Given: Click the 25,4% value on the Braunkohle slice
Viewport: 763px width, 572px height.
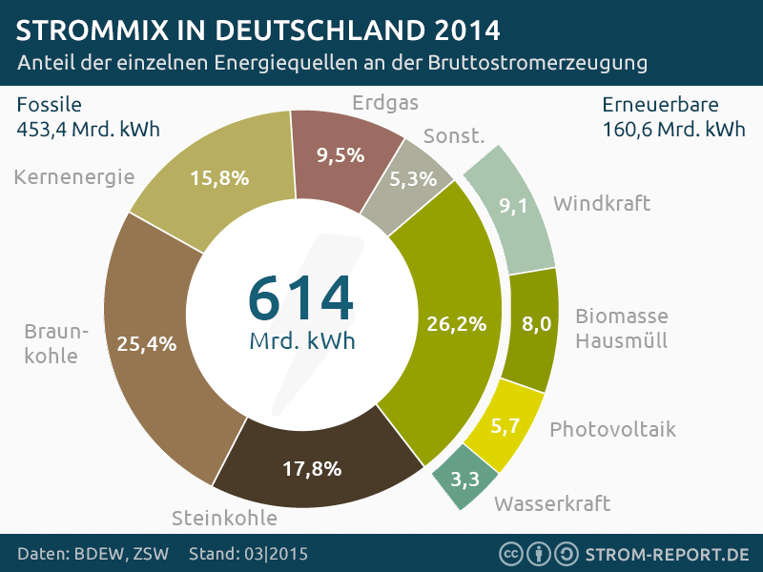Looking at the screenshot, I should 147,344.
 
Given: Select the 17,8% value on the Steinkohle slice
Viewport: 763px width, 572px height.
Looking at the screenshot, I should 312,468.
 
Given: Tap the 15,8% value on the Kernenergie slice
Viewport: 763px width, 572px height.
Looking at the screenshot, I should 219,177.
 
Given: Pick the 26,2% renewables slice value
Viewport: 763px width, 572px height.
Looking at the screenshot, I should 457,324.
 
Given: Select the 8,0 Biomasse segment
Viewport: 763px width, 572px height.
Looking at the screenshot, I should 537,325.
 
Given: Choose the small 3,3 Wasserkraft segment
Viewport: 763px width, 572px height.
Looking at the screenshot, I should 464,477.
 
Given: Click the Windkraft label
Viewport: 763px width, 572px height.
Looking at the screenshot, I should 602,203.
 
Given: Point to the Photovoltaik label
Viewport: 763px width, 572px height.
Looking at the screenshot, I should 612,429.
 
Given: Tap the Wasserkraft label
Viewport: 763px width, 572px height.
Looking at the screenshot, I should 552,503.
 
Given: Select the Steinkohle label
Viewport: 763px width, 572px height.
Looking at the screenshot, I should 224,519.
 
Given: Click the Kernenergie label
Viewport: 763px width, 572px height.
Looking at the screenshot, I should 74,176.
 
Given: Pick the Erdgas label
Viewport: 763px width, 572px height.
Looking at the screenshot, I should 385,102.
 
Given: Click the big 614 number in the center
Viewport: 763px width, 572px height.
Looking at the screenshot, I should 300,296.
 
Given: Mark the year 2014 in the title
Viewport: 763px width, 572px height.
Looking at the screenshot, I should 466,30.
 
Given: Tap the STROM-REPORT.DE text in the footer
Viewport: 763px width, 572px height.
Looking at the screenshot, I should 667,554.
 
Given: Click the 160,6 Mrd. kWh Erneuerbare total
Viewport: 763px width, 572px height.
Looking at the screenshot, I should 673,129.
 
